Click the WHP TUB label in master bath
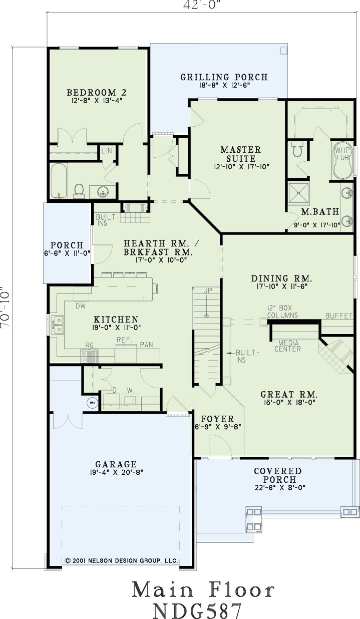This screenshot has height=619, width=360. click(342, 154)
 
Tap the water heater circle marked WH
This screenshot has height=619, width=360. click(92, 403)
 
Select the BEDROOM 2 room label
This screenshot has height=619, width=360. click(97, 92)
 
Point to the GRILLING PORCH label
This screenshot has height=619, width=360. click(224, 77)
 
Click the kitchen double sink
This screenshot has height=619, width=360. click(58, 325)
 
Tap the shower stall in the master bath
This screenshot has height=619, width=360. click(298, 193)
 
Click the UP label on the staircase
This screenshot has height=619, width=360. click(207, 290)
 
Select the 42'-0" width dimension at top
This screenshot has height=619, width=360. click(203, 5)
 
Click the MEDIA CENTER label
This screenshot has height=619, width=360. click(287, 346)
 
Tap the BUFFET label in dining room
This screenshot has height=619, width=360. click(339, 316)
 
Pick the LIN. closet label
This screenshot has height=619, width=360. click(108, 151)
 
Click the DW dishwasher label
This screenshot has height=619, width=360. click(81, 306)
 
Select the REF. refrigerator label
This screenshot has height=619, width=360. click(125, 340)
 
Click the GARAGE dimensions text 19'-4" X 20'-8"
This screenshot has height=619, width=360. click(116, 472)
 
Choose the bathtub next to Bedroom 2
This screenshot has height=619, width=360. click(58, 180)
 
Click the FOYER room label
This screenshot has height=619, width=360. click(217, 419)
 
